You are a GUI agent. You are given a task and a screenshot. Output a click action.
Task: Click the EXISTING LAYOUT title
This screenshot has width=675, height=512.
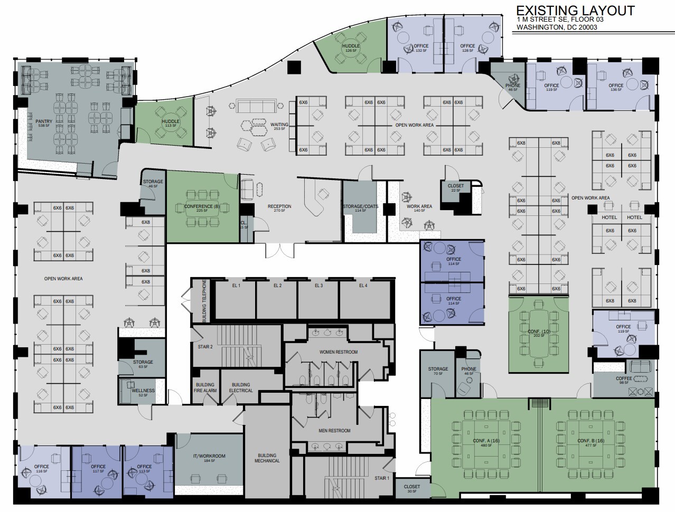[x=575, y=11]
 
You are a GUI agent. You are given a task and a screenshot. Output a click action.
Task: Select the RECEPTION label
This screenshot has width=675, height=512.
[x=279, y=206]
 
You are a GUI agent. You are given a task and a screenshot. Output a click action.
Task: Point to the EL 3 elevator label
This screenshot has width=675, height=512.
[x=318, y=286]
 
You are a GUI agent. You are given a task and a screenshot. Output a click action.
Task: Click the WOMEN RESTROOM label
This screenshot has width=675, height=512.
[x=338, y=352]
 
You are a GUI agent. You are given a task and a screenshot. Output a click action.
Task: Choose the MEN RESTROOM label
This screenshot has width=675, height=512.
[x=334, y=431]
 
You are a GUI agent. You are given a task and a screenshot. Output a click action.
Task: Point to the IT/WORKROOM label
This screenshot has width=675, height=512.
[x=209, y=456]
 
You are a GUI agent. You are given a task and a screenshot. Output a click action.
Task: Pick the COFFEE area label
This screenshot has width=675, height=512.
[x=624, y=378]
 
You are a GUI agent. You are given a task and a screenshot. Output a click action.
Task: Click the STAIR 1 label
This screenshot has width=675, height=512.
[x=382, y=478]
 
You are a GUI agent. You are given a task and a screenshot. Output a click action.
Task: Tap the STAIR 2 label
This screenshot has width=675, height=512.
[x=205, y=347]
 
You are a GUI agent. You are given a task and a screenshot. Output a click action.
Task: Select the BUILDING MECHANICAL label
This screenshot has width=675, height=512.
[x=267, y=458]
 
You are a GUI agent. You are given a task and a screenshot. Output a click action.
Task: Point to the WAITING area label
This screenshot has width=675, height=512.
[x=279, y=125]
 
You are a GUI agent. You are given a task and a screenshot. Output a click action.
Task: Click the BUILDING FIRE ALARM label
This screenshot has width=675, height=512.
[x=205, y=387]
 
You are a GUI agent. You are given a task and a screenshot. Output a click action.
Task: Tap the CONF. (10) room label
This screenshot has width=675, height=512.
[x=538, y=331]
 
